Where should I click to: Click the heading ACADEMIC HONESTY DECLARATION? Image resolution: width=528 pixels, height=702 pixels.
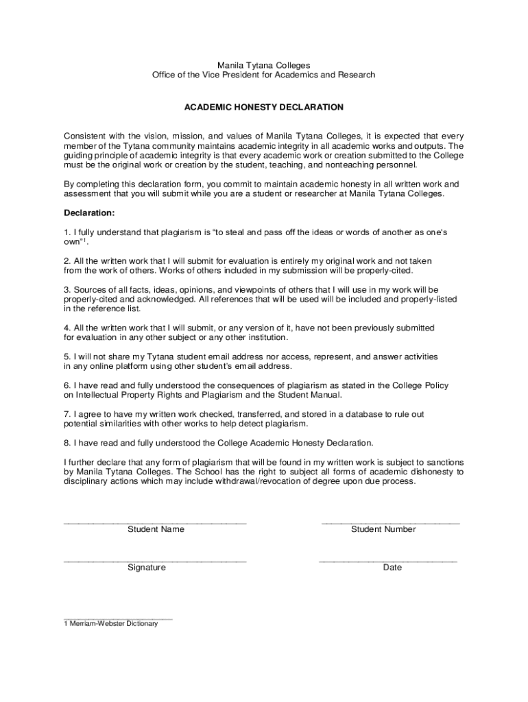263,108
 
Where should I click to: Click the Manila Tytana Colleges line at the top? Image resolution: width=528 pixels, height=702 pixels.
263,65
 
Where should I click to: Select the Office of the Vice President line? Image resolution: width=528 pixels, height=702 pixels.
263,75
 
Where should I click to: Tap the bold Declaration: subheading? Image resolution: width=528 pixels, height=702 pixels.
89,213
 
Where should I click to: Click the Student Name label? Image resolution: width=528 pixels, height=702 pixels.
156,529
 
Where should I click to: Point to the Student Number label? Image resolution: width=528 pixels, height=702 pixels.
383,529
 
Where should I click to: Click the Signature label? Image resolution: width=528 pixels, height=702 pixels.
147,568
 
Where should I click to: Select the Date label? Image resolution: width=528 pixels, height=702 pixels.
392,568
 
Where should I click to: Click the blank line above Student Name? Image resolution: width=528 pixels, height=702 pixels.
155,523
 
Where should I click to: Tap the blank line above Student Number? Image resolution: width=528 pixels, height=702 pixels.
391,523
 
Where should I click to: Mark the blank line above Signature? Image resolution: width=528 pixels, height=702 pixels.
155,561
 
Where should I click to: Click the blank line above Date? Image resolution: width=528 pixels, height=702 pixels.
388,561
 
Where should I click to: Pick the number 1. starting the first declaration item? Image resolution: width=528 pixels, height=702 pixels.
67,232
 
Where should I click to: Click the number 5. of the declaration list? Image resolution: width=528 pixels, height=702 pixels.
67,357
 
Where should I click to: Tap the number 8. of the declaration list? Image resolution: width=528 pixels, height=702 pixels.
67,443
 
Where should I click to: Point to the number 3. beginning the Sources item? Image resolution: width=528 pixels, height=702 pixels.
67,289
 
